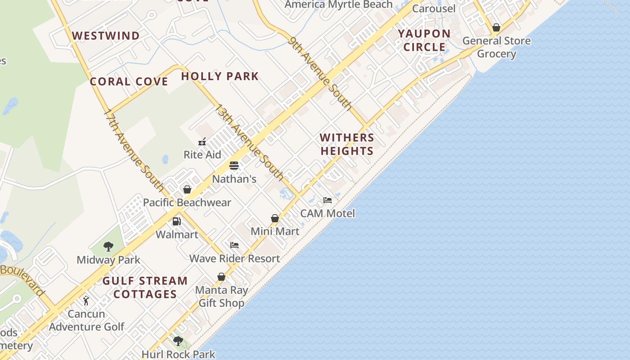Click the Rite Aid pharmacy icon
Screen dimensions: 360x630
tap(202, 142)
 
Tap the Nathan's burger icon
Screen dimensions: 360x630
tap(234, 165)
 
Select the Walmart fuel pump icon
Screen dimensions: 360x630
tap(177, 221)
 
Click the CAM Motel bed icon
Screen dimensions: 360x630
tap(328, 200)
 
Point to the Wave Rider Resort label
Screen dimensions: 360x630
tap(234, 258)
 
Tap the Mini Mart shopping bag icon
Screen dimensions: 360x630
tap(275, 218)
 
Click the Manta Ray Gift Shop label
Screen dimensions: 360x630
tap(221, 296)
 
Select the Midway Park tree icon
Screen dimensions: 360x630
tap(108, 246)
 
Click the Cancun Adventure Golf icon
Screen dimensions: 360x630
tap(86, 300)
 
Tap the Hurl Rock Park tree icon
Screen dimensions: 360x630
tap(178, 341)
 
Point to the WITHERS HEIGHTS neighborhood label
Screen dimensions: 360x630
tap(347, 144)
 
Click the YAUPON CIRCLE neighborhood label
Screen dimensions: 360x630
tap(424, 40)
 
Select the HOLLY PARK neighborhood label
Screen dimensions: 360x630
tap(220, 76)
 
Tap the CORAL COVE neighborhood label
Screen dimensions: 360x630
tap(129, 81)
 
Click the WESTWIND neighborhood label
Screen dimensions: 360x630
tap(106, 36)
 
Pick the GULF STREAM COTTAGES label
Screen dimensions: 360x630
tap(145, 287)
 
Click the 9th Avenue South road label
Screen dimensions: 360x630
tap(320, 73)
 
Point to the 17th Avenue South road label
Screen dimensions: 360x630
tap(134, 150)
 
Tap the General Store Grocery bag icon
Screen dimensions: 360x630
tap(496, 27)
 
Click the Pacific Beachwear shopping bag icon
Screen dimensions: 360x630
tap(187, 189)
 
